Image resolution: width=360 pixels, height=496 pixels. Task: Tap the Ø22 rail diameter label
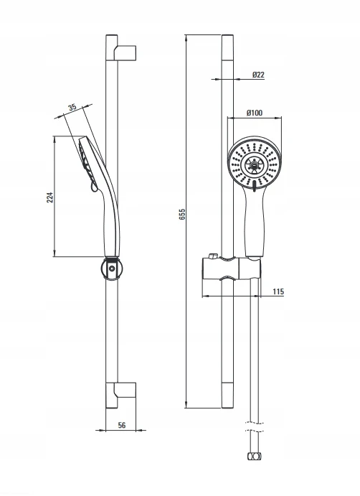(x=258, y=75)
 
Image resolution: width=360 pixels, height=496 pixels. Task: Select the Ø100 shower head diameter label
(x=255, y=113)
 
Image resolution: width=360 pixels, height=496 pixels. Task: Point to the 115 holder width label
(x=278, y=291)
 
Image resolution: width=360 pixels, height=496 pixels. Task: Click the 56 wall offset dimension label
(x=122, y=426)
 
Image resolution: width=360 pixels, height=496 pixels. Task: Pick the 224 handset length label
(x=50, y=197)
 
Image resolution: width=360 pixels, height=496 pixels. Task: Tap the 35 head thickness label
(x=72, y=107)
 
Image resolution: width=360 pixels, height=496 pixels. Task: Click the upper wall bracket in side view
(x=125, y=52)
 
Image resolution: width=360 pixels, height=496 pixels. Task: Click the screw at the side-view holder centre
(x=112, y=269)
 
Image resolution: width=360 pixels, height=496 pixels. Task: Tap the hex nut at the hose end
(x=255, y=456)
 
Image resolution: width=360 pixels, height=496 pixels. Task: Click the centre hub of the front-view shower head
(x=255, y=164)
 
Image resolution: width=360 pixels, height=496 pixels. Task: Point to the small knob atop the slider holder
(x=212, y=256)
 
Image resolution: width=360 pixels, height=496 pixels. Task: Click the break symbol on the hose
(x=255, y=426)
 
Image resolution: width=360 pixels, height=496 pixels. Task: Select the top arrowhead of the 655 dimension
(x=186, y=37)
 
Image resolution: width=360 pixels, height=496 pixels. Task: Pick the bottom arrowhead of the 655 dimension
(x=186, y=405)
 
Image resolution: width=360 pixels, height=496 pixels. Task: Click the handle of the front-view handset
(x=254, y=221)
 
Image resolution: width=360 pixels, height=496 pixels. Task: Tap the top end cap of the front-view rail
(x=227, y=47)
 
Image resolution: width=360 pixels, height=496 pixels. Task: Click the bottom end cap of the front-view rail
(x=227, y=396)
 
